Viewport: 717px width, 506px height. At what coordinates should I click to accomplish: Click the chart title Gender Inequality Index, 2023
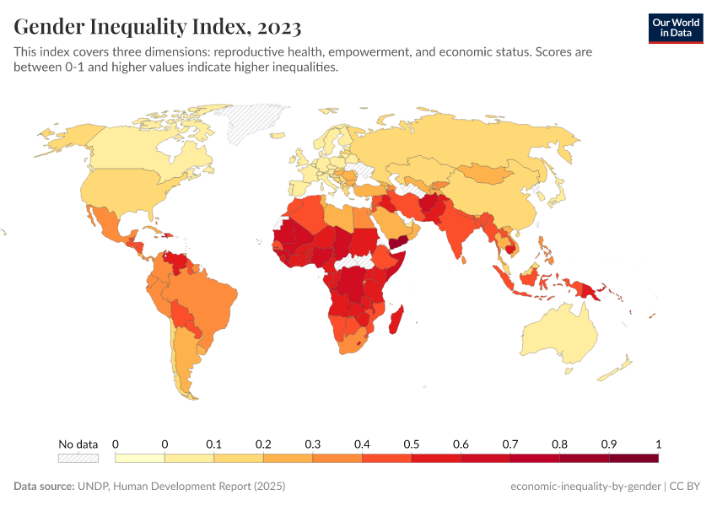pyautogui.click(x=157, y=27)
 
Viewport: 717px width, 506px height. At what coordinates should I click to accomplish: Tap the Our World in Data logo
pyautogui.click(x=676, y=28)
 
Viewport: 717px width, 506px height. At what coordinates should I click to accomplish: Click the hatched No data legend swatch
pyautogui.click(x=78, y=458)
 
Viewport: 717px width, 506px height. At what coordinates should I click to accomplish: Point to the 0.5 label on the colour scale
pyautogui.click(x=411, y=444)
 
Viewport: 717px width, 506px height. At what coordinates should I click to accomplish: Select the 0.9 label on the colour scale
pyautogui.click(x=608, y=444)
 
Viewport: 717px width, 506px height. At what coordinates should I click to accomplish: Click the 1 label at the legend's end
pyautogui.click(x=657, y=444)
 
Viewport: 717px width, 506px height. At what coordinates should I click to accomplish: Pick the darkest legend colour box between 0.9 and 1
pyautogui.click(x=633, y=458)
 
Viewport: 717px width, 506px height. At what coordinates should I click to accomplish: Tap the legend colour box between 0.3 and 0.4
pyautogui.click(x=337, y=458)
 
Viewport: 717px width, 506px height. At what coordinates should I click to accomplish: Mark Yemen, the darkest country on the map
pyautogui.click(x=401, y=241)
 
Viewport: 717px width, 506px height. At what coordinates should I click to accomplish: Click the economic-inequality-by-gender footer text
pyautogui.click(x=585, y=487)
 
